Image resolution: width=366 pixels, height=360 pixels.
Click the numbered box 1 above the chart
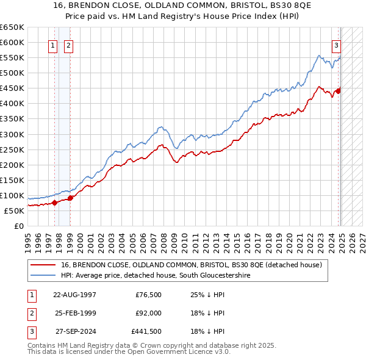52,45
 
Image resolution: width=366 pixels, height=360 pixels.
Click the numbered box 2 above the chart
68,45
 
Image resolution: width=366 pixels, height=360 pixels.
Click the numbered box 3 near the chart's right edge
335,45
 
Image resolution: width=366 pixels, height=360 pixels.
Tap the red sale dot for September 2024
339,91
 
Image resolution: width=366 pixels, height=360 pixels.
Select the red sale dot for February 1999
70,198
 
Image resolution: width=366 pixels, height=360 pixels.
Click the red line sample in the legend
43,265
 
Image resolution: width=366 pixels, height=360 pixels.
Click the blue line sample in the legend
43,276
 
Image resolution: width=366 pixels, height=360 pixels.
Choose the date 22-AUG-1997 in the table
74,294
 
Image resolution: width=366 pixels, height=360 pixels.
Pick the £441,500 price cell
146,332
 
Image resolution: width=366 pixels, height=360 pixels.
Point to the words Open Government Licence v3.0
183,352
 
